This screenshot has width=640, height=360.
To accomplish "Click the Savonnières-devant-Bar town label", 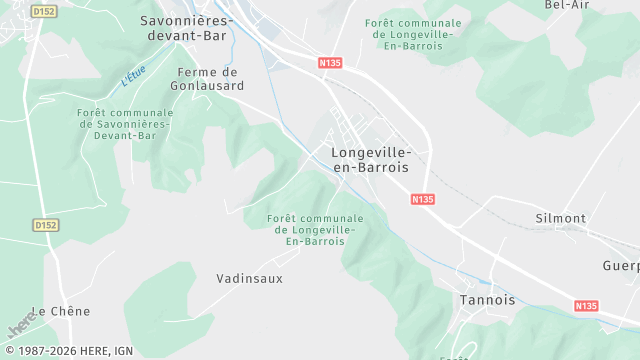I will click(186, 27).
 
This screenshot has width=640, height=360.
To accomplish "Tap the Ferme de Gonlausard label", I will click(210, 79).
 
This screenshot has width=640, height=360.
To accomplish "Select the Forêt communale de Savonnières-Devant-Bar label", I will click(125, 123).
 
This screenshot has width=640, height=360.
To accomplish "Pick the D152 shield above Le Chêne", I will click(46, 226).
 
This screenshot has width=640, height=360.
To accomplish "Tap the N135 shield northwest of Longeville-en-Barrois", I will click(330, 63).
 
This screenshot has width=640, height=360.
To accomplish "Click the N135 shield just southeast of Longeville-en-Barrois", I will click(423, 200).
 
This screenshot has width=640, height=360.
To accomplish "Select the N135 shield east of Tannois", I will click(586, 305).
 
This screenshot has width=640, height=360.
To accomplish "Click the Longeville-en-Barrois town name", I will click(370, 160).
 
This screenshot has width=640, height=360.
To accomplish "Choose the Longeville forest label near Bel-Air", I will click(414, 33).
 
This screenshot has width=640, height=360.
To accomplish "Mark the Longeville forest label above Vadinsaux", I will click(316, 230).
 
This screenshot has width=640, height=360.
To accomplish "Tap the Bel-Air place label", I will click(568, 5).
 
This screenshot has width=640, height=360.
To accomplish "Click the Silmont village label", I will click(561, 218).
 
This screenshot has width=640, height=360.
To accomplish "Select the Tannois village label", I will click(487, 299).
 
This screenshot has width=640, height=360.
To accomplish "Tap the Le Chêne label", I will click(61, 311).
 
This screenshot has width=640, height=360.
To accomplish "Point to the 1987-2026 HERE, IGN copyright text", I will click(69, 351).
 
